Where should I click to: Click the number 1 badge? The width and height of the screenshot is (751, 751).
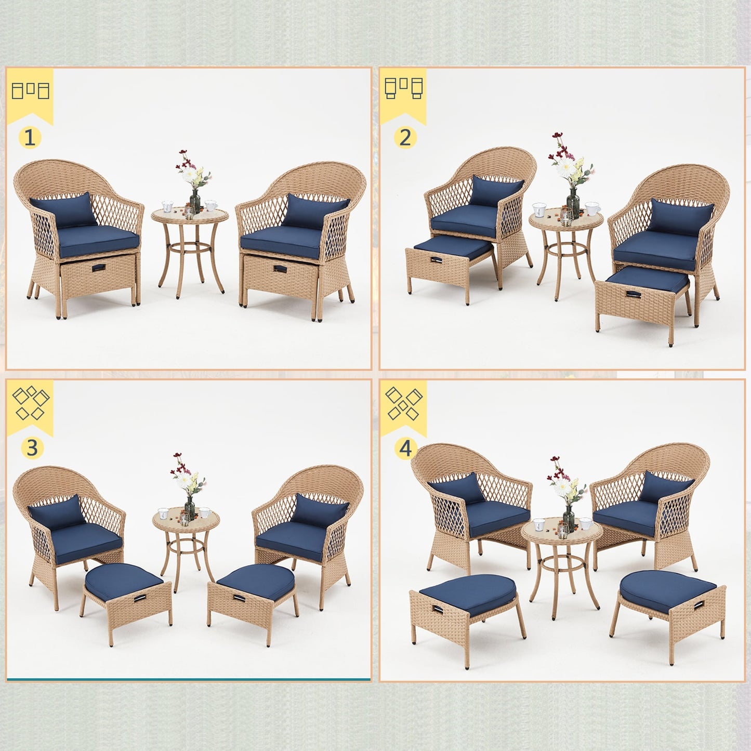click(x=30, y=138)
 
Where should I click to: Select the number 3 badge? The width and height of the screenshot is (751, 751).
click(x=32, y=447)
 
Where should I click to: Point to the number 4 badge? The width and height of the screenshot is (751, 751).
click(x=405, y=449)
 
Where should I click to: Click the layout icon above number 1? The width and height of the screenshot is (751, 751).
click(x=30, y=90)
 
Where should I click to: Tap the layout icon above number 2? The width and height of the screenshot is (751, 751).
click(x=404, y=88)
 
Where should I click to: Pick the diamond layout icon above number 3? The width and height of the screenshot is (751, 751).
click(x=30, y=402)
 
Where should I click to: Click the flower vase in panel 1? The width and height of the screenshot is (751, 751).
click(x=195, y=200)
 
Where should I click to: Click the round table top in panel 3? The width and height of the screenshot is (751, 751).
click(x=186, y=518)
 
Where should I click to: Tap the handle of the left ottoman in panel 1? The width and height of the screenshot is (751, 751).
click(x=98, y=268)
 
